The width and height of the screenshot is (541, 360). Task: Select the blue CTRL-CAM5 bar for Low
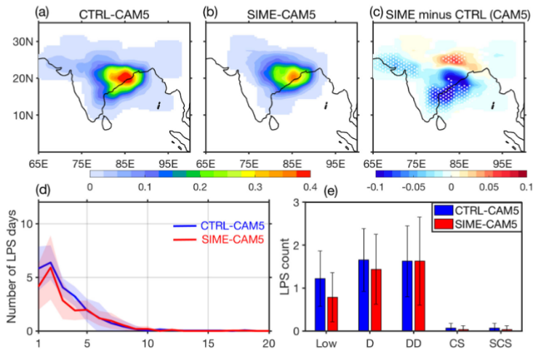(321, 304)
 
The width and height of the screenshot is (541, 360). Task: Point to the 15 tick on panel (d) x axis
(208, 343)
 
